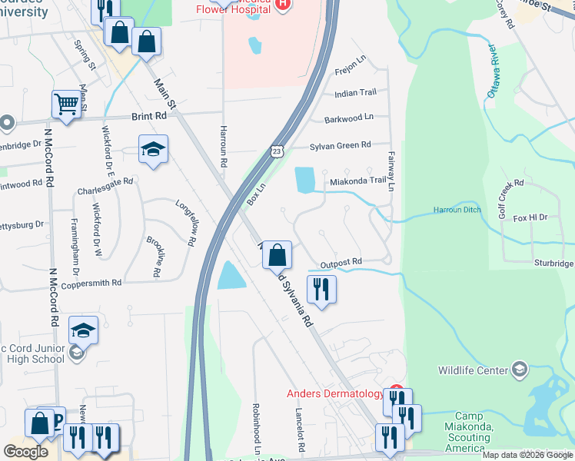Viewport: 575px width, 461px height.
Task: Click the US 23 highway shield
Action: click(x=276, y=152)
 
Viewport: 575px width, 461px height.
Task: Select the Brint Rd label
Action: click(x=149, y=116)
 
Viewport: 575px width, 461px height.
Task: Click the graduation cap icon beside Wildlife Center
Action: click(x=520, y=370)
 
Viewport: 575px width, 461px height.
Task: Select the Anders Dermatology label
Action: click(x=335, y=393)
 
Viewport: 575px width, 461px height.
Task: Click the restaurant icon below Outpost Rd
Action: click(x=321, y=290)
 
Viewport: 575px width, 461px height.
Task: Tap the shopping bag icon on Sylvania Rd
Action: click(x=278, y=254)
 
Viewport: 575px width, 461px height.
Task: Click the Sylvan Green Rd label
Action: click(x=340, y=145)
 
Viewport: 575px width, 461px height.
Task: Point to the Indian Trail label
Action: click(x=355, y=93)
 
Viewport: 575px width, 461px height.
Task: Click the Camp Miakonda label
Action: click(x=468, y=426)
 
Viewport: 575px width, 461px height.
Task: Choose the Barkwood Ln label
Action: click(x=348, y=118)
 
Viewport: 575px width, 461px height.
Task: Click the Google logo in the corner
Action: click(x=25, y=452)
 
